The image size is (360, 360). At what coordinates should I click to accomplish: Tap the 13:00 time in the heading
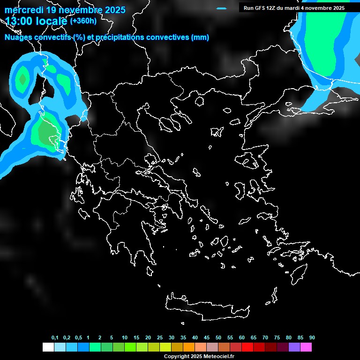pos(19,21)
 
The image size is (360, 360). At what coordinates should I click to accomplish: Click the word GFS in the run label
pos(259,8)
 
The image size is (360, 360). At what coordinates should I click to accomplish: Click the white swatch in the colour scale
pos(48,347)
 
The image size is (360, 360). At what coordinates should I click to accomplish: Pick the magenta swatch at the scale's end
pos(306,347)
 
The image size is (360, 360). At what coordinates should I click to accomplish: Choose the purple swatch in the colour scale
pos(294,347)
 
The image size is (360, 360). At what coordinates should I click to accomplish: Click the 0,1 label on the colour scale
pos(55,338)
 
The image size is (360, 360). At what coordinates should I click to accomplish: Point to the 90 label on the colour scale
pos(312,338)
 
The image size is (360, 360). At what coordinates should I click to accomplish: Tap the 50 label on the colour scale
pos(218,338)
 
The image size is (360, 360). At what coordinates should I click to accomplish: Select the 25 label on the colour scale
pos(160,338)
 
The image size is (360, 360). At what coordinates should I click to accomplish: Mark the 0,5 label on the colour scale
pos(78,338)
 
